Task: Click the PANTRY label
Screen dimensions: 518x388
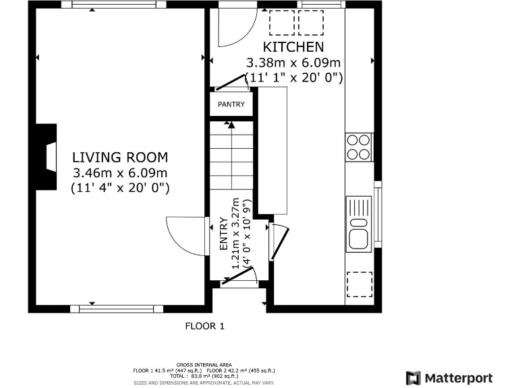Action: (x=231, y=104)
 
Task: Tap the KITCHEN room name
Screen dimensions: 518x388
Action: (x=293, y=47)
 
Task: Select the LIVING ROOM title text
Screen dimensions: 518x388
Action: (x=120, y=158)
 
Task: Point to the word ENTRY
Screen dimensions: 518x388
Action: (x=224, y=234)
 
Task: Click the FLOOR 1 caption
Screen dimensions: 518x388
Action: (x=205, y=326)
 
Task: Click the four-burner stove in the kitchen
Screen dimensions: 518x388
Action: (x=359, y=147)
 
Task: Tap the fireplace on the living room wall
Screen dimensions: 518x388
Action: (x=47, y=158)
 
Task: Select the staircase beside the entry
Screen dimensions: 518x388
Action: (x=232, y=155)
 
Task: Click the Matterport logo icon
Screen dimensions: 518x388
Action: (x=413, y=378)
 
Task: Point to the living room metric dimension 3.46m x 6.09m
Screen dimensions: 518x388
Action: (x=120, y=173)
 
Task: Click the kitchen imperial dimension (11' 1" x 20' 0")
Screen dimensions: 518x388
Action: (x=293, y=78)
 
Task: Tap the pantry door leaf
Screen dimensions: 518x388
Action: (x=230, y=82)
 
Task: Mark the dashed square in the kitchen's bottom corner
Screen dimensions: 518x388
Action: (x=359, y=284)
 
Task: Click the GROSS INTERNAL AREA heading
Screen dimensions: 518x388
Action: (x=204, y=365)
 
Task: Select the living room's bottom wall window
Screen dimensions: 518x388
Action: (x=117, y=309)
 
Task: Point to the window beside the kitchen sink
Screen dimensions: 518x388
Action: (x=378, y=214)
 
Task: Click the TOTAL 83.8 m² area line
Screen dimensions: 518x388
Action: (x=204, y=376)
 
